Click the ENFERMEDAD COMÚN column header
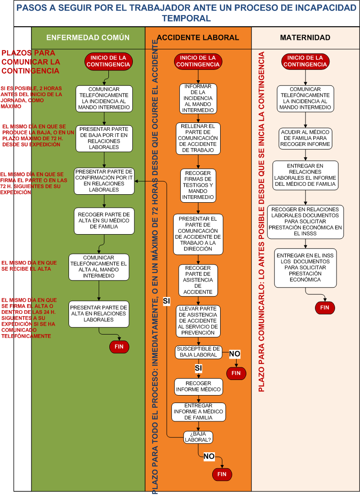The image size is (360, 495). click(88, 38)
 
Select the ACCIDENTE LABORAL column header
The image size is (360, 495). click(198, 38)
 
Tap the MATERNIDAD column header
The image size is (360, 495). click(305, 38)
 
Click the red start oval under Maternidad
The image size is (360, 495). click(306, 61)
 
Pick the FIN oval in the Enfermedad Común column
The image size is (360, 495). click(119, 347)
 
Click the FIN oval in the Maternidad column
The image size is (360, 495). click(325, 308)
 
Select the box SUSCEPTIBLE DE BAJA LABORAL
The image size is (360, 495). click(198, 352)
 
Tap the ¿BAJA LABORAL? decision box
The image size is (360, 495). click(198, 437)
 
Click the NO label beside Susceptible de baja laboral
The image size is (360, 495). click(234, 354)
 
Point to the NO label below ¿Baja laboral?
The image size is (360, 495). click(209, 456)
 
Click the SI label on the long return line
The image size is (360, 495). click(167, 301)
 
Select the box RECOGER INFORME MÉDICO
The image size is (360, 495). click(198, 386)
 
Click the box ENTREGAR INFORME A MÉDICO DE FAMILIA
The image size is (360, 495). click(199, 411)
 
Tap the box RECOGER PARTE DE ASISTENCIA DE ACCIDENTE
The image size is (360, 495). click(198, 280)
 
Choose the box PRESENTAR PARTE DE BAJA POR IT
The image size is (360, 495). click(104, 138)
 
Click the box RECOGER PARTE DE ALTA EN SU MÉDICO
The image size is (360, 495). click(104, 221)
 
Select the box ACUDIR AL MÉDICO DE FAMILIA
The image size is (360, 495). click(306, 138)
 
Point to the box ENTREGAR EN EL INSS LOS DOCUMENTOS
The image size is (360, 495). click(306, 267)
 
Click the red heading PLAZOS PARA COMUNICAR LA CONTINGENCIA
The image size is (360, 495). click(31, 62)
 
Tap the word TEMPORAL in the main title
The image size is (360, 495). click(186, 18)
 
